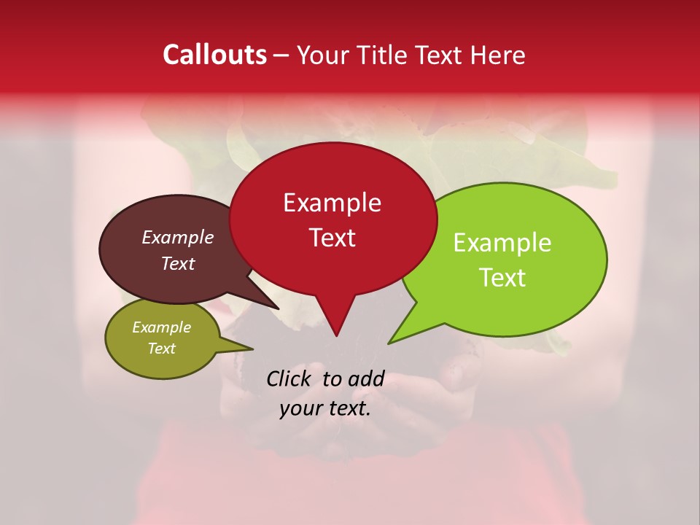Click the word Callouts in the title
(x=214, y=55)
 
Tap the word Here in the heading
(x=497, y=55)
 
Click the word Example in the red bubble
(x=332, y=203)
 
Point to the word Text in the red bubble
(x=332, y=238)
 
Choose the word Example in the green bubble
(x=502, y=243)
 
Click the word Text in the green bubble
(x=502, y=278)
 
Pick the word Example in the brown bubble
(x=177, y=237)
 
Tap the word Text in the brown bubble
(x=177, y=263)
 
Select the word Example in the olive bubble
(x=161, y=327)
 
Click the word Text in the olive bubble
(x=161, y=349)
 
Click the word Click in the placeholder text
(x=289, y=378)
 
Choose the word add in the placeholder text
(x=366, y=378)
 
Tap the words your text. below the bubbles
(x=325, y=408)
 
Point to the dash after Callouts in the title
(x=282, y=55)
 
